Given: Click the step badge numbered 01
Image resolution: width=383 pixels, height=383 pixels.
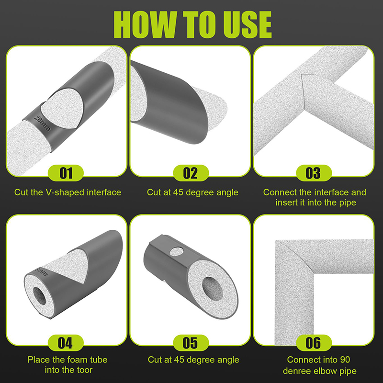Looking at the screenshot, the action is (66, 173).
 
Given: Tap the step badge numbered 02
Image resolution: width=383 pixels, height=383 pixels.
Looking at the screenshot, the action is (191, 173).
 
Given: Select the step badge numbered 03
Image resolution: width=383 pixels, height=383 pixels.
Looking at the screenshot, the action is (314, 173).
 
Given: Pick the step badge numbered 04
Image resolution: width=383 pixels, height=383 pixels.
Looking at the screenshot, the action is (66, 343).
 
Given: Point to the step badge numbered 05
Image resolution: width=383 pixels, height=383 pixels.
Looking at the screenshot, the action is (191, 343).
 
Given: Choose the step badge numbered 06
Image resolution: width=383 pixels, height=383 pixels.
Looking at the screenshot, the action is (314, 343).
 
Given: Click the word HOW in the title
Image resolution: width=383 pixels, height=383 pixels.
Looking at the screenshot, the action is (146, 25).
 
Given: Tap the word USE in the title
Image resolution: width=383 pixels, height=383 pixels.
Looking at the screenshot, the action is (248, 25).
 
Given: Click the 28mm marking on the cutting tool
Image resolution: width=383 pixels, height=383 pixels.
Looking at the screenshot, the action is (42, 123).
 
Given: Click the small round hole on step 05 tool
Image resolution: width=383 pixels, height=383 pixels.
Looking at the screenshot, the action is (177, 251).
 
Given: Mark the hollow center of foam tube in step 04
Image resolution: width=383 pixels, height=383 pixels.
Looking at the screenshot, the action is (40, 295).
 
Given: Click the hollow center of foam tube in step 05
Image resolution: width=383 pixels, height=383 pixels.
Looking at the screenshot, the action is (213, 290).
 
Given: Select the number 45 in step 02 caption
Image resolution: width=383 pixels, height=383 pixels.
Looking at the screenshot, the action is (178, 192).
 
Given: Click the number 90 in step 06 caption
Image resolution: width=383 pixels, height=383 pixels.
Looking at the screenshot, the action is (345, 360).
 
